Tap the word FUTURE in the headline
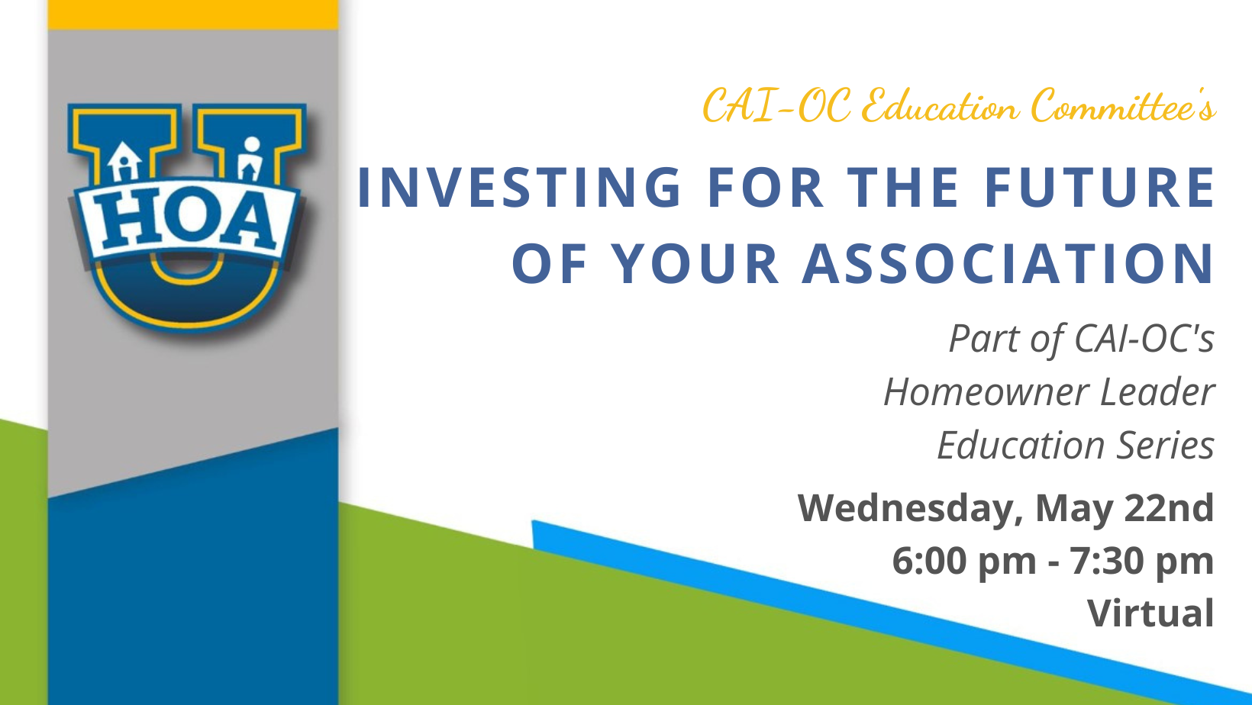click(x=1099, y=187)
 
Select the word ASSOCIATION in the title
click(x=1008, y=264)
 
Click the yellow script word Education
click(x=940, y=106)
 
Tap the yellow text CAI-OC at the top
click(x=777, y=106)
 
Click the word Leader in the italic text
click(x=1157, y=391)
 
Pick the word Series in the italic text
click(x=1166, y=446)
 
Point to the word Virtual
click(x=1150, y=613)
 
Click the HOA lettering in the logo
click(x=186, y=219)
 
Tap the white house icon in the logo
click(x=124, y=162)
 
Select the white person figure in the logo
click(x=250, y=159)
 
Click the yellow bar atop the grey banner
click(x=193, y=14)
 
